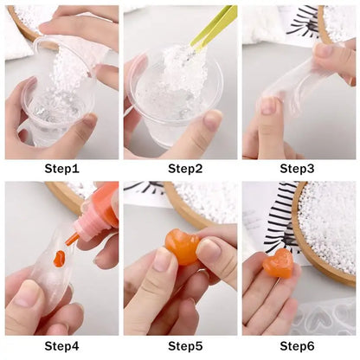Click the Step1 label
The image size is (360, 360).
click(x=61, y=168)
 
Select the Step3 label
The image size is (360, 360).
click(x=299, y=168)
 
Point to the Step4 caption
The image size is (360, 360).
click(x=61, y=346)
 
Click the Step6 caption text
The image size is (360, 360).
click(x=299, y=346)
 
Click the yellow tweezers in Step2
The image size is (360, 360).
click(x=213, y=26)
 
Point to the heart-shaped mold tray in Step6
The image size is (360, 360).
click(x=333, y=317)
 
